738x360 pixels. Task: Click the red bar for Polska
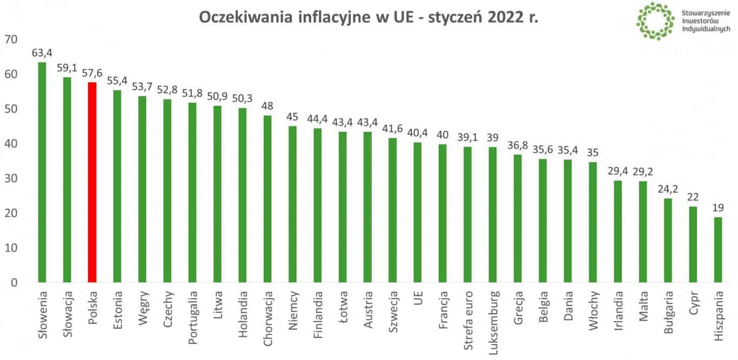92,182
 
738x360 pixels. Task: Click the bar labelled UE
418,212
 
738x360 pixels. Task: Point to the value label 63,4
42,54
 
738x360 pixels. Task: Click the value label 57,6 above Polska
92,74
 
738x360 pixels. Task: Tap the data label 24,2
668,190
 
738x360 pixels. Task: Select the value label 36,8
518,146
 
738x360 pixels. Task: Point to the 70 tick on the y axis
11,39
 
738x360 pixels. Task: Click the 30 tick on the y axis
11,178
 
